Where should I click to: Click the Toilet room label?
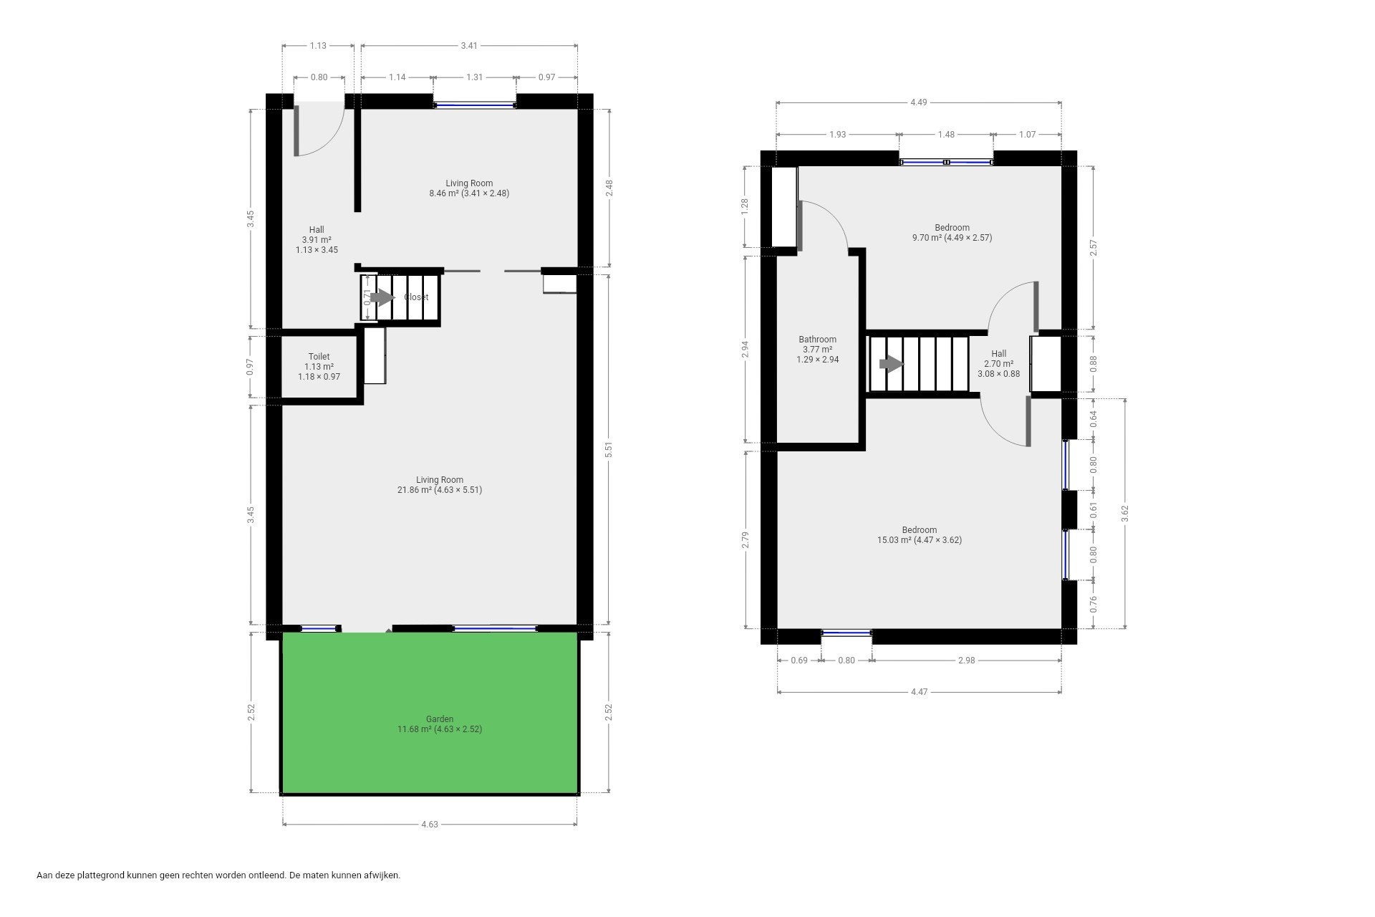pyautogui.click(x=319, y=357)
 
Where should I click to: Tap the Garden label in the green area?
pyautogui.click(x=440, y=719)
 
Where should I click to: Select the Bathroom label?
pyautogui.click(x=817, y=340)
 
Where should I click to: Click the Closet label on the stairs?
pyautogui.click(x=416, y=297)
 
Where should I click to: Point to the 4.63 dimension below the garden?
pyautogui.click(x=430, y=824)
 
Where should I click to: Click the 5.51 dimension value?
pyautogui.click(x=609, y=449)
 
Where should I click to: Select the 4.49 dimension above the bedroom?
pyautogui.click(x=919, y=102)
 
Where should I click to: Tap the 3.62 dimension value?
pyautogui.click(x=1125, y=514)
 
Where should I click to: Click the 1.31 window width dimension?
pyautogui.click(x=474, y=77)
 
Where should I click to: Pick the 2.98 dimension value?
pyautogui.click(x=966, y=661)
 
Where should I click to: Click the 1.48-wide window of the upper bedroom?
pyautogui.click(x=947, y=162)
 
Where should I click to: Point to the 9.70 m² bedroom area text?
pyautogui.click(x=952, y=238)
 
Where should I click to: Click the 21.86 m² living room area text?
pyautogui.click(x=440, y=490)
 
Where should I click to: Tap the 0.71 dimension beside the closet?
pyautogui.click(x=367, y=297)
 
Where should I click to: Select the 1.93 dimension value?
pyautogui.click(x=837, y=134)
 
